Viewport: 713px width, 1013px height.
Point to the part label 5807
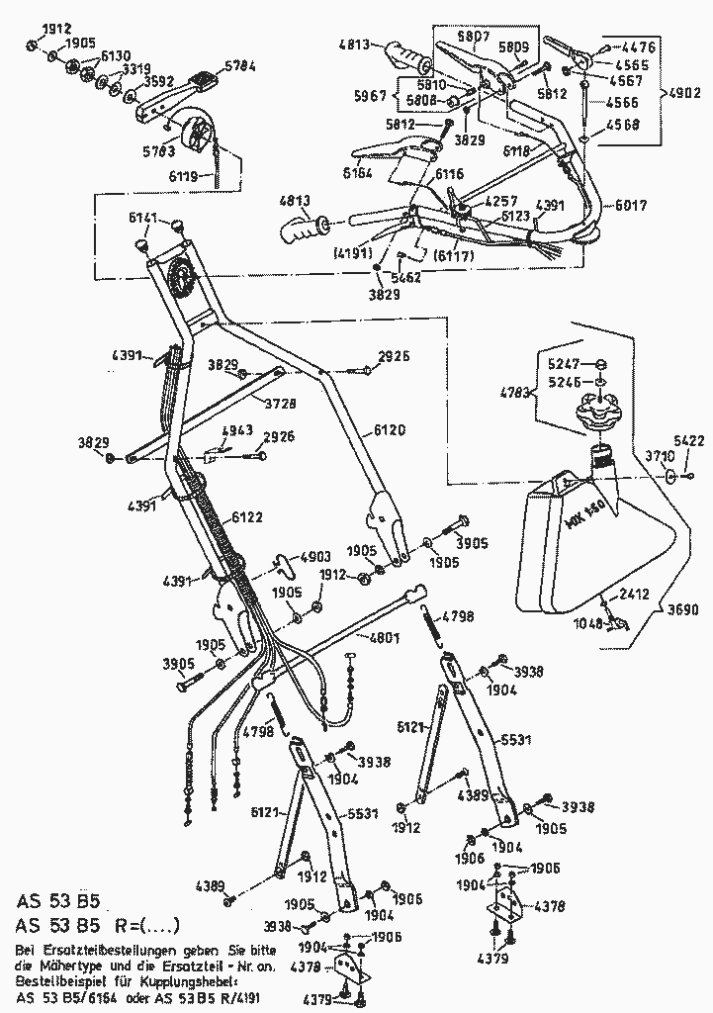pyautogui.click(x=474, y=36)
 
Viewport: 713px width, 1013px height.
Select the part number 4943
pyautogui.click(x=238, y=430)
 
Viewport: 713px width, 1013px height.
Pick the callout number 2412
pyautogui.click(x=634, y=595)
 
